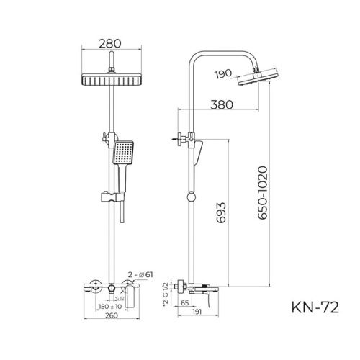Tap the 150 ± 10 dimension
tap(109, 305)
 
